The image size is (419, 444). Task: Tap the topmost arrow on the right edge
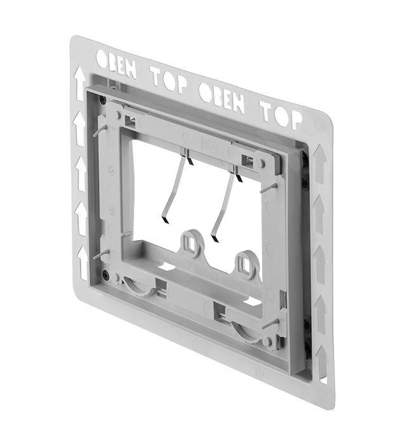319,162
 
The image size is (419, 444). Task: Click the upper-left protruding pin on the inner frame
100,131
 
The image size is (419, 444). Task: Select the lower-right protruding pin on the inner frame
271,323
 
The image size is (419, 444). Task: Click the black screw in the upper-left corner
101,100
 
